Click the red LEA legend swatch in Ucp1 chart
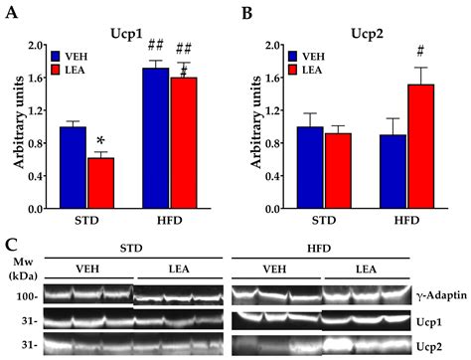pyautogui.click(x=57, y=71)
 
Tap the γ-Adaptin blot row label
pyautogui.click(x=437, y=295)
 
